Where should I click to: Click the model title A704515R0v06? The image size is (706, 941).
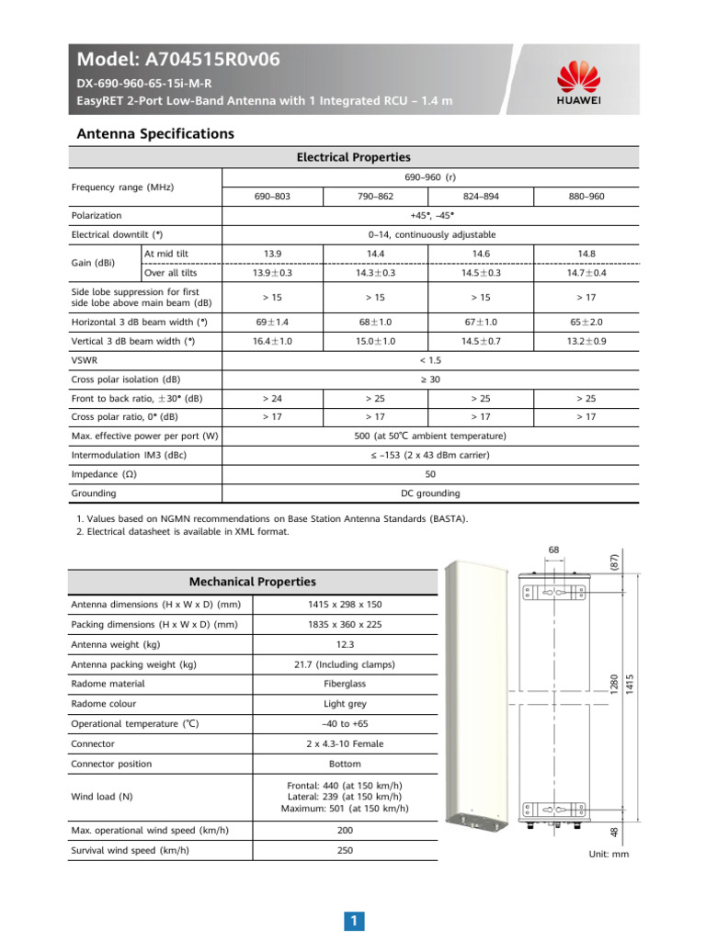[x=178, y=61]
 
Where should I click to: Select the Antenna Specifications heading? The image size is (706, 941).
[x=154, y=134]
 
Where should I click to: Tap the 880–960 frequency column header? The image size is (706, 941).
[x=586, y=196]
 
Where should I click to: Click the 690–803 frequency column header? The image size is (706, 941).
[x=273, y=196]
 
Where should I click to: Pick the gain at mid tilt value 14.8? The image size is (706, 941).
[x=586, y=253]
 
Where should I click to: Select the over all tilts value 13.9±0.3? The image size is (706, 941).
[x=273, y=273]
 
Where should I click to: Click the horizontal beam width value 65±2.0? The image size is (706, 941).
[x=586, y=322]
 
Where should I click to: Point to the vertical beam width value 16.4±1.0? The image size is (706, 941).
[x=273, y=341]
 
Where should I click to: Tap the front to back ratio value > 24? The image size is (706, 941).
[x=273, y=398]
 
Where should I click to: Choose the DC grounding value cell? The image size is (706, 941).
[x=431, y=493]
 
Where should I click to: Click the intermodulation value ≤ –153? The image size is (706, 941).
[x=431, y=455]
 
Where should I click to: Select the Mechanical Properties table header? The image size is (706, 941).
[x=252, y=582]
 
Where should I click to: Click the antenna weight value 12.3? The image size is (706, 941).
[x=345, y=643]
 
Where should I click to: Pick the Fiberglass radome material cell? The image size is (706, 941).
[x=345, y=684]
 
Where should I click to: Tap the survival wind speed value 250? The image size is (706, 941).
[x=345, y=850]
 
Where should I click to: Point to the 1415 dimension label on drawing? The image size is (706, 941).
[x=629, y=684]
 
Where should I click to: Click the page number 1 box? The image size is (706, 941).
[x=353, y=920]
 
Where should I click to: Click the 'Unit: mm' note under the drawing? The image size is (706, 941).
[x=608, y=854]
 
